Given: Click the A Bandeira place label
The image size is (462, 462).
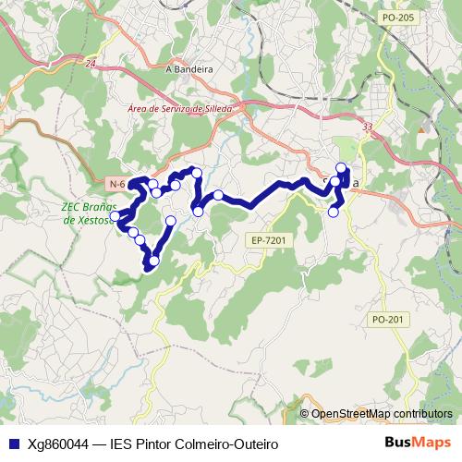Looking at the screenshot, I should click(x=188, y=68).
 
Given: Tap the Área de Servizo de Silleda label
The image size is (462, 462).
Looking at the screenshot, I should click(x=179, y=108).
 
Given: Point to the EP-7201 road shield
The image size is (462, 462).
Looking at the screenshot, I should click(x=268, y=240).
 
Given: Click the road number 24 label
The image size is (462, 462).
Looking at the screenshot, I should click(x=90, y=63).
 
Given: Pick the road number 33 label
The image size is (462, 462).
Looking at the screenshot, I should click(x=368, y=127).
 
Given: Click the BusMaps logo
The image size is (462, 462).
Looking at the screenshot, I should click(x=419, y=443).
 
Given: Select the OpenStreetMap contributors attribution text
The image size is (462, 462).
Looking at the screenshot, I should click(x=381, y=414).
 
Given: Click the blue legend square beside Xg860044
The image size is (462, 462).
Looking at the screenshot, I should click(x=13, y=444).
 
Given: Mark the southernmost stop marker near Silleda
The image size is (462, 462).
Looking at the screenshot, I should click(x=334, y=212).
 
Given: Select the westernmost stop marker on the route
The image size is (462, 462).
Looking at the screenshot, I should click(x=115, y=216).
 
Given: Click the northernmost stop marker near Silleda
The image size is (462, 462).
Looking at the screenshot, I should click(x=341, y=168).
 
